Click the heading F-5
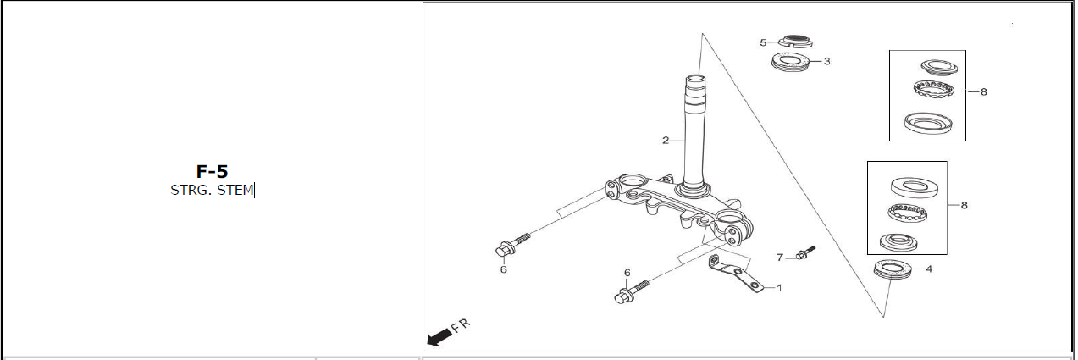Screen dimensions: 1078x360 point(212,172)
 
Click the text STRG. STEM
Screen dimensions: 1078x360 point(212,190)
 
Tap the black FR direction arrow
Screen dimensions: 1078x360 point(439,337)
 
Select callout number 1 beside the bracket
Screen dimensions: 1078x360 point(779,288)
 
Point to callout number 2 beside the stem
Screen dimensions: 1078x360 point(666,141)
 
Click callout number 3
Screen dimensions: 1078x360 point(826,62)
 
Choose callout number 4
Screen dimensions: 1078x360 point(929,269)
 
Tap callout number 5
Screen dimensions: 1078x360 point(763,42)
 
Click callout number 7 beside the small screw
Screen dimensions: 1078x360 point(780,258)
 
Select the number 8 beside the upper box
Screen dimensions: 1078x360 point(984,91)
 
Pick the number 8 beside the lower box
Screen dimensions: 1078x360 point(964,206)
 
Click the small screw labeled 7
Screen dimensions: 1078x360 point(805,252)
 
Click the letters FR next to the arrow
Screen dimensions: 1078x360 point(461,325)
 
